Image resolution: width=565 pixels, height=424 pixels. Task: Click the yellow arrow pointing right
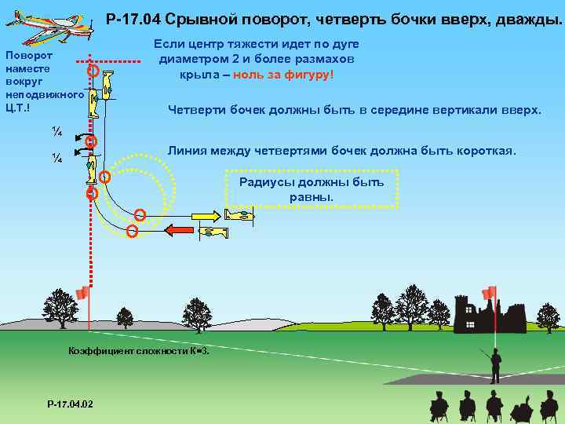[206, 214]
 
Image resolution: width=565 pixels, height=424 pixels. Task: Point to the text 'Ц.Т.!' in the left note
[18, 108]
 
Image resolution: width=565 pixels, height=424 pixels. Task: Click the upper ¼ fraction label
[56, 130]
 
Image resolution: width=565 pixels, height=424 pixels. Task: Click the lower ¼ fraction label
[56, 158]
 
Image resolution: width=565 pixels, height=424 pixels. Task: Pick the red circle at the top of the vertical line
[92, 71]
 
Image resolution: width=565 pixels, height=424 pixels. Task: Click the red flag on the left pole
[82, 293]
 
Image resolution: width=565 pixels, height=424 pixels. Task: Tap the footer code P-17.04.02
[70, 404]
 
